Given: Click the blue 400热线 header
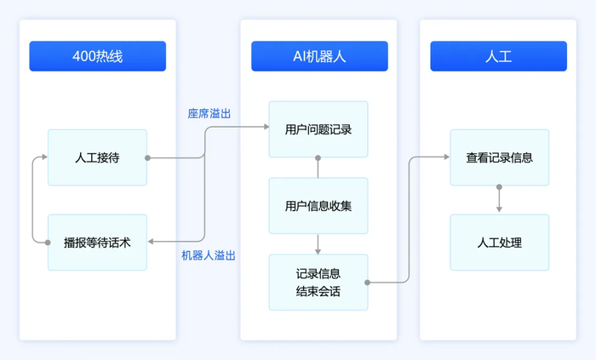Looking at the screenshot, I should tap(98, 56).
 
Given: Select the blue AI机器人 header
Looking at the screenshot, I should tap(319, 56).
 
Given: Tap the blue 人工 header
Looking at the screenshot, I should tap(498, 56).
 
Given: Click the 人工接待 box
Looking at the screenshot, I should tap(97, 157).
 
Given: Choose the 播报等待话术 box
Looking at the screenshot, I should tap(97, 242).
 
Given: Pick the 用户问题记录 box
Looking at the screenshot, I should tap(318, 129).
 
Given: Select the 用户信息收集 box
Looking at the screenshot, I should tap(318, 205).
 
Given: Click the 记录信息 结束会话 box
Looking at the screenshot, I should tap(318, 282).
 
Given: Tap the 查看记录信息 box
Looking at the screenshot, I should tap(499, 157).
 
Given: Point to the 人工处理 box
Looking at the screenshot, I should tap(499, 242).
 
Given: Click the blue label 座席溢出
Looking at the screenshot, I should tap(209, 113).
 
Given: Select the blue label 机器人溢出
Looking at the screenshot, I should tap(209, 255).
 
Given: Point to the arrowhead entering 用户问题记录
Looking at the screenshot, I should tap(265, 128).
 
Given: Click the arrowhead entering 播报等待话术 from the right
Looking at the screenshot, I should tap(151, 242).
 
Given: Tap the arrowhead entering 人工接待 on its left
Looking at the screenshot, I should tap(44, 157).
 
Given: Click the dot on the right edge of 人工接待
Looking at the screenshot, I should tap(147, 157).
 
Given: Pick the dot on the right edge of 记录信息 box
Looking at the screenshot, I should tap(368, 282).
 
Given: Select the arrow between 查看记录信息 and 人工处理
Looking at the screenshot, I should tap(499, 199).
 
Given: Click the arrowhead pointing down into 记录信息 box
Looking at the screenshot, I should tap(318, 250).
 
